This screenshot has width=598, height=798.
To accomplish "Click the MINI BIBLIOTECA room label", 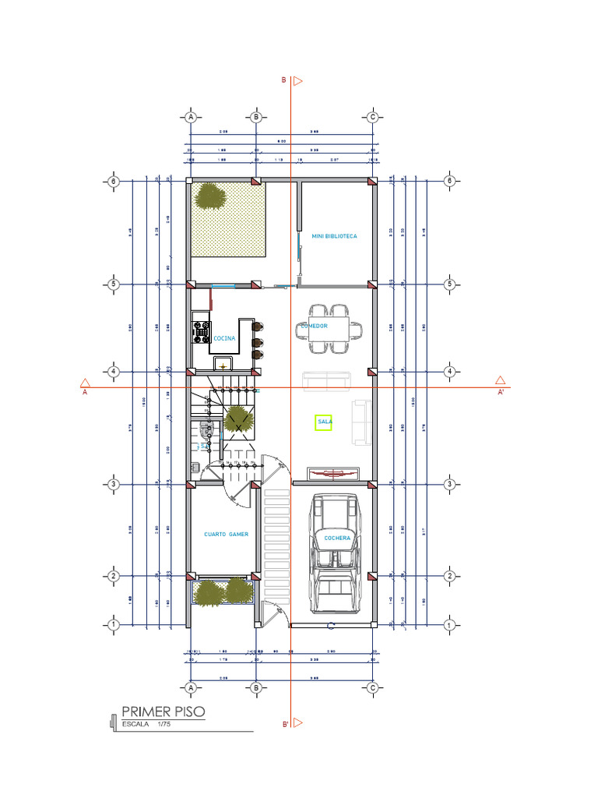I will tap(334, 235).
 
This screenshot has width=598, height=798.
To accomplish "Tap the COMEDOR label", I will tap(315, 326).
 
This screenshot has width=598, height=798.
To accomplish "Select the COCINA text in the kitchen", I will tap(224, 338).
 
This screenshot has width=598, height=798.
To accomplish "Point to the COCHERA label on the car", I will tap(338, 538).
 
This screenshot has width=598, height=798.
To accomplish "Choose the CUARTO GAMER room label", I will tap(225, 534).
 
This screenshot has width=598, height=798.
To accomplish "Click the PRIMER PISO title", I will tap(164, 711).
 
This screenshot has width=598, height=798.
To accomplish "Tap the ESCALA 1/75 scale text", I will tap(147, 724).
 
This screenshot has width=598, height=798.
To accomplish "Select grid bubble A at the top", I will tap(190, 117).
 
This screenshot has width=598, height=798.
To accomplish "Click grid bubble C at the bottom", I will tap(373, 687).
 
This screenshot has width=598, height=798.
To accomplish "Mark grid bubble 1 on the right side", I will tap(449, 625).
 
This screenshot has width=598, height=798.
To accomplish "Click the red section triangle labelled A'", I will tap(501, 381).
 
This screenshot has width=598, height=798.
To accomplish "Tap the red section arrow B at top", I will tap(297, 80).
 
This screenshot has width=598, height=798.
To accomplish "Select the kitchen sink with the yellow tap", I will tap(223, 364).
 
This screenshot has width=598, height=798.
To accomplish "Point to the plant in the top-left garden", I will tap(210, 196).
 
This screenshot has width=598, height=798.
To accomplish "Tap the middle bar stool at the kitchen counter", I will tap(257, 341).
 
